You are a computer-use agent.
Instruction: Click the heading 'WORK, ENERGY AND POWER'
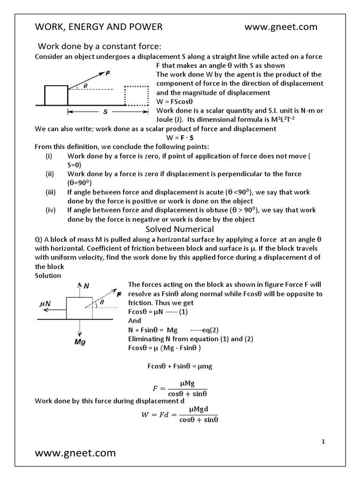[x=99, y=27]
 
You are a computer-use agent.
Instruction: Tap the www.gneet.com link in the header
[x=281, y=27]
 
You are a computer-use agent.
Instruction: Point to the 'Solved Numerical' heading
[x=180, y=229]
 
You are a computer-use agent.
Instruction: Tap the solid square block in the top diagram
[x=56, y=95]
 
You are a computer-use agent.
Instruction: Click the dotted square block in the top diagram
[x=136, y=96]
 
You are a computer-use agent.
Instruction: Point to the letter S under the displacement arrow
[x=105, y=112]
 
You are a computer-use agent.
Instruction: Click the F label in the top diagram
[x=108, y=74]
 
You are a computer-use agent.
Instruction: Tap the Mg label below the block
[x=80, y=342]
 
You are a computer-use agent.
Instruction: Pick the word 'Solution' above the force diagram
[x=48, y=276]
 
